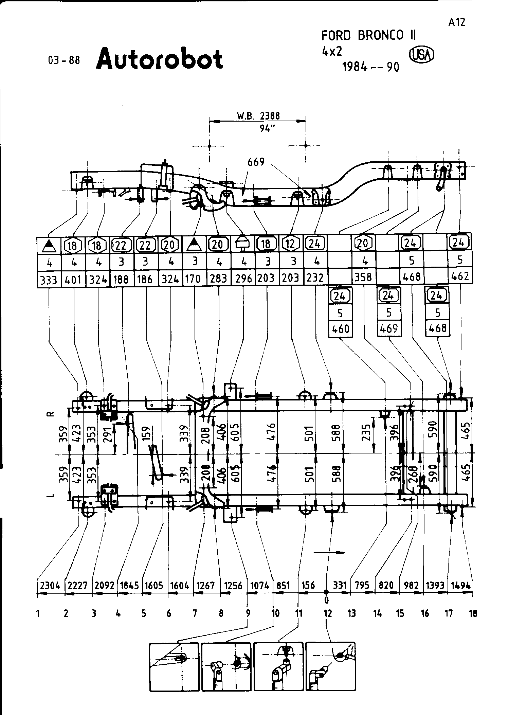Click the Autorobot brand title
[159, 59]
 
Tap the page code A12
[456, 22]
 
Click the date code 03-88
[64, 60]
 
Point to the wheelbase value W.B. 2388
[258, 116]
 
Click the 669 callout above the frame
[256, 162]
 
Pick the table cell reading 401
[73, 280]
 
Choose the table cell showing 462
[460, 276]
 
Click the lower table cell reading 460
[341, 329]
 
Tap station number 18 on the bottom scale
[473, 613]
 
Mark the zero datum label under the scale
[327, 600]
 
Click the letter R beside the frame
[50, 414]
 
